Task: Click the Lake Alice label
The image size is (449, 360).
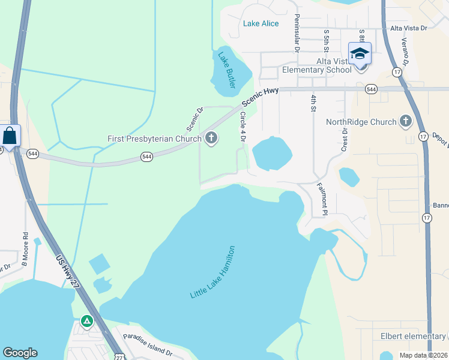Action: [x=261, y=23]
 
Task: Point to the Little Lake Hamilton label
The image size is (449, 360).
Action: [x=213, y=273]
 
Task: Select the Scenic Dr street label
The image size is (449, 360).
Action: [x=195, y=119]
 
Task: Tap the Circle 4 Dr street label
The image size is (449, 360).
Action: [x=244, y=127]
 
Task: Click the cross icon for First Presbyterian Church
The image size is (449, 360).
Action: [x=211, y=139]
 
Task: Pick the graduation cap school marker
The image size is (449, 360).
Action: [x=360, y=53]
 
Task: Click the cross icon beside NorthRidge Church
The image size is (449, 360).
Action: [x=406, y=122]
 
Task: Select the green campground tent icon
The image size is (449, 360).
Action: [x=88, y=322]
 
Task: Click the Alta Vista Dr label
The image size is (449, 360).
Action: [x=409, y=28]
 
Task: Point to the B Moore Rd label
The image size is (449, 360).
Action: [x=25, y=249]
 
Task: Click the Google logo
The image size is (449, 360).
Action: [x=20, y=353]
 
